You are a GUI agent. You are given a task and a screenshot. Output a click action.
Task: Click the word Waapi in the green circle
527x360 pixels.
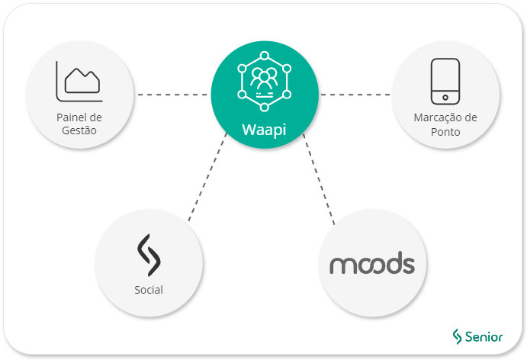264,128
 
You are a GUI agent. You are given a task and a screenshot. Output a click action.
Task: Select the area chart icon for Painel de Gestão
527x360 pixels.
79,82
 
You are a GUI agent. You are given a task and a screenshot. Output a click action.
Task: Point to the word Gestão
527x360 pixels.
79,130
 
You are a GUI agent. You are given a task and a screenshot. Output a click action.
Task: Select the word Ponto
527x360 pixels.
445,131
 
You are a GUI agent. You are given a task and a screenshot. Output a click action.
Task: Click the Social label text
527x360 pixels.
149,290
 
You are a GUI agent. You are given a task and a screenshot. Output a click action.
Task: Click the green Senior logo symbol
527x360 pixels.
458,336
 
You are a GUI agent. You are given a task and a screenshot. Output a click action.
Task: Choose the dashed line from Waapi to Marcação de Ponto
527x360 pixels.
355,95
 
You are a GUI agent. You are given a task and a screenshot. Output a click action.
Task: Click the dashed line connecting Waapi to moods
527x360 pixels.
319,179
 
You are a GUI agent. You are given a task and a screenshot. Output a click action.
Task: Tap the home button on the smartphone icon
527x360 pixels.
445,97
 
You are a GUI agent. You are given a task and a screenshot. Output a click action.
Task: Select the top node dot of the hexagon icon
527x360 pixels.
264,56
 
